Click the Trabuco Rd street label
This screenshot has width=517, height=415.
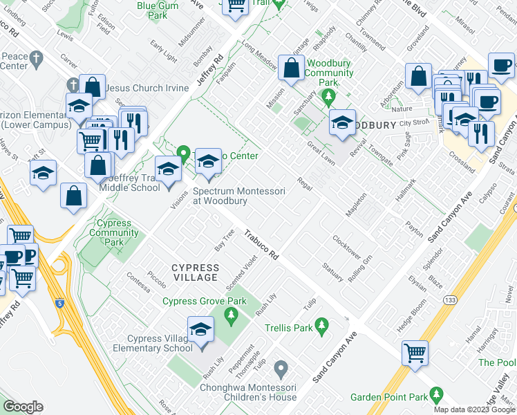(261, 245)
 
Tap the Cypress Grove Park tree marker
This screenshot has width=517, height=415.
(232, 317)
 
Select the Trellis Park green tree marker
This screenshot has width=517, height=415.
(321, 324)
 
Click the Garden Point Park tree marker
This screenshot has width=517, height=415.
(435, 394)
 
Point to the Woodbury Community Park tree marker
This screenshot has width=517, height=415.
(330, 95)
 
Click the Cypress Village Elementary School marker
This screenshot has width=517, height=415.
(200, 331)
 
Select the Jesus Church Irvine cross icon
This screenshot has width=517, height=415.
(73, 84)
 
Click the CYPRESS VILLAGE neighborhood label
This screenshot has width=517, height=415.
(196, 273)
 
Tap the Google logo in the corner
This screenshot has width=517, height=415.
(23, 407)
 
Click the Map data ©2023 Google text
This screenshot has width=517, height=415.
(474, 409)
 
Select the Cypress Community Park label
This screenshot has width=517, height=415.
(114, 233)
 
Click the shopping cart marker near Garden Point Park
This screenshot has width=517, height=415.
(415, 352)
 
